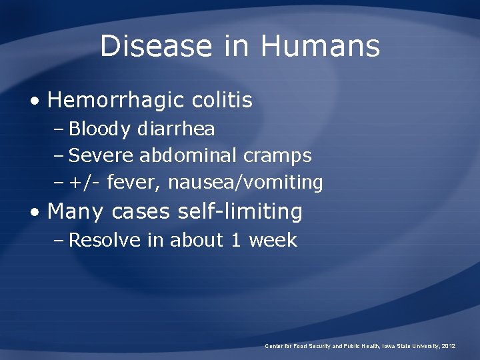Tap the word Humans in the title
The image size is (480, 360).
click(320, 46)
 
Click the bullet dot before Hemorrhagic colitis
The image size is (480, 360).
click(35, 101)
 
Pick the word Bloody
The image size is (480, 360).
click(100, 129)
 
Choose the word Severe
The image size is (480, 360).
click(101, 155)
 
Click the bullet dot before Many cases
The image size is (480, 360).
click(35, 213)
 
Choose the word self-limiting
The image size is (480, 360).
click(240, 212)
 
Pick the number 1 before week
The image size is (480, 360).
click(235, 240)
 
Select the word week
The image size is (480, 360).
click(273, 240)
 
